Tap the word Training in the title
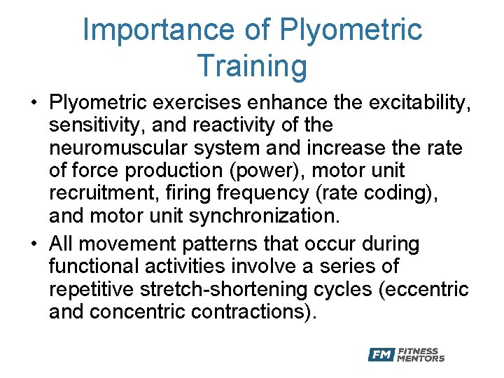point(252,66)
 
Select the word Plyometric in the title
point(351,30)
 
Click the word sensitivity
point(93,126)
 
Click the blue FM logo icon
point(381,355)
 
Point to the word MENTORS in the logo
point(420,359)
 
